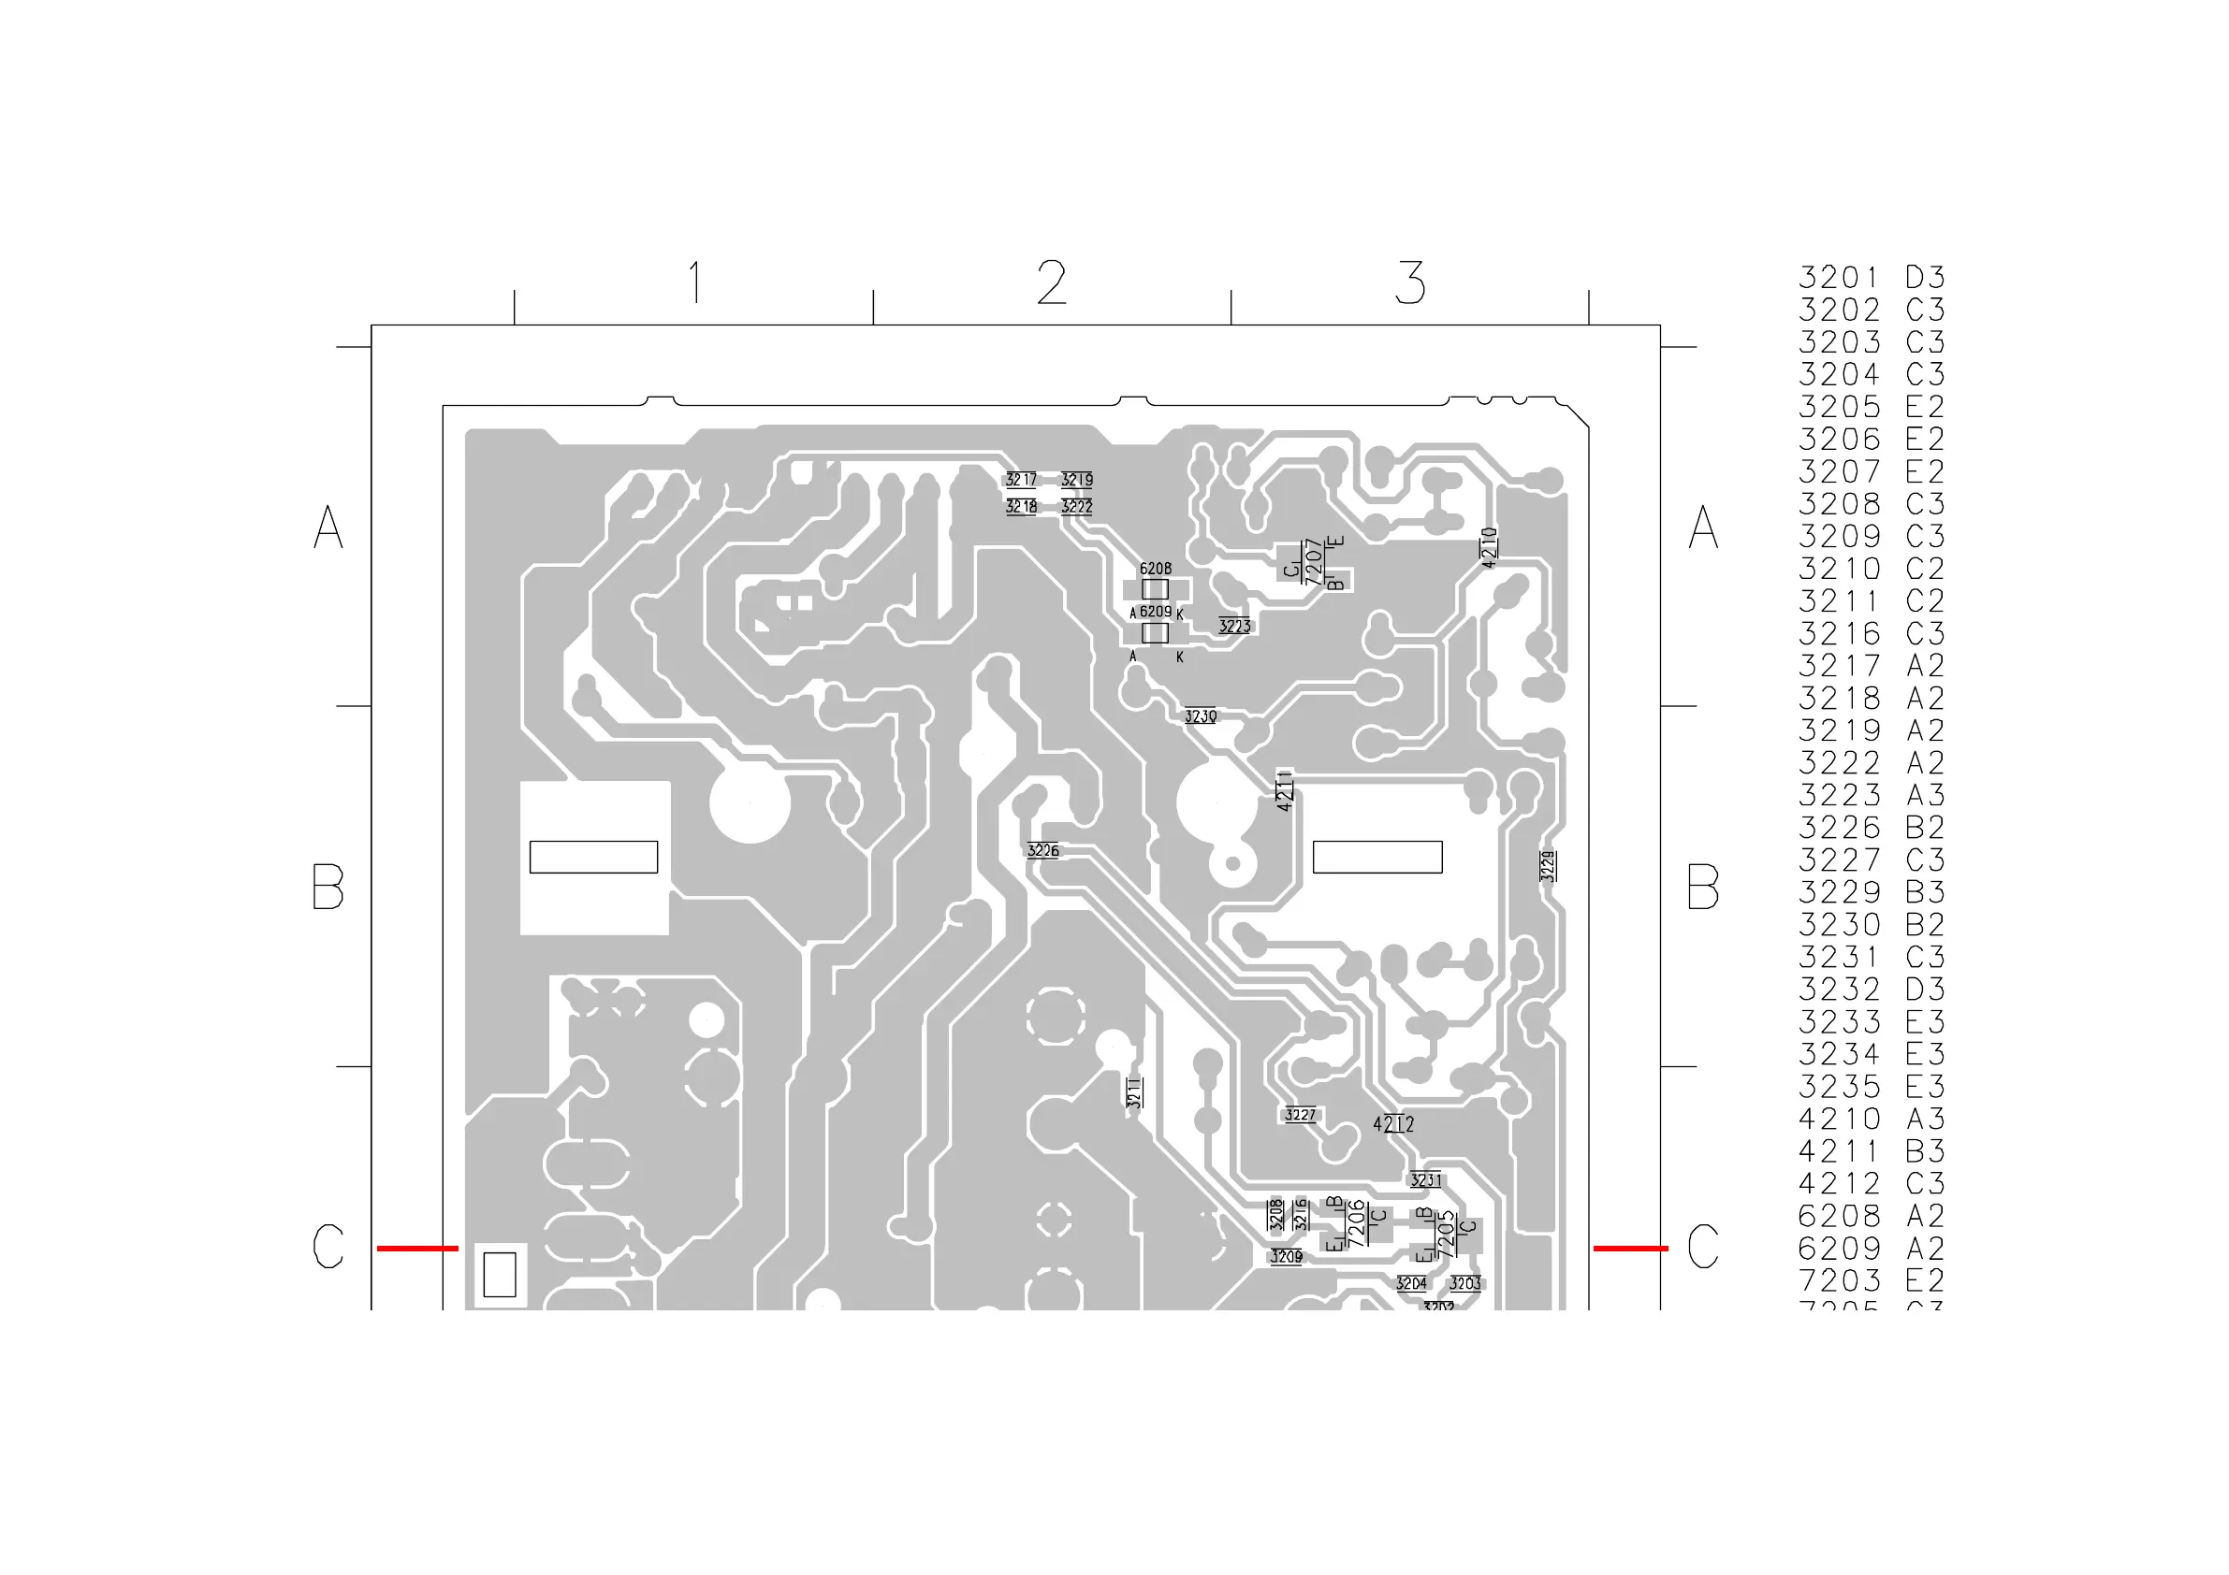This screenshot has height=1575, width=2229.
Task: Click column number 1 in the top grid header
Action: (x=694, y=282)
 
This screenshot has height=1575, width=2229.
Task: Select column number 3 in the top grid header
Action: (x=1409, y=282)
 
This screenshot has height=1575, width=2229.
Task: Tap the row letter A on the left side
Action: (x=328, y=527)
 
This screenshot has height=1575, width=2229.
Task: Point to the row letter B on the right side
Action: (x=1703, y=887)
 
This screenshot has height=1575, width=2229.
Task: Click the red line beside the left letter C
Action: (x=417, y=1248)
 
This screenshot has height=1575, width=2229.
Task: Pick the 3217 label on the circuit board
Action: (x=1020, y=480)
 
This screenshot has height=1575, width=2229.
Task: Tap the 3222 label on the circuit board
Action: (x=1077, y=507)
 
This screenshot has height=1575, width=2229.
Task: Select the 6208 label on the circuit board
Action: (x=1156, y=569)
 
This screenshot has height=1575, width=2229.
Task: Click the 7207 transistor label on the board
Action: (x=1314, y=563)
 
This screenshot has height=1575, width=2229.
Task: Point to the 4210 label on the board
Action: (x=1489, y=547)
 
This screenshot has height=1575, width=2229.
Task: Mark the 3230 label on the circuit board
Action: (x=1200, y=716)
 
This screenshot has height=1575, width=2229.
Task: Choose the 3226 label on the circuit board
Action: (x=1042, y=851)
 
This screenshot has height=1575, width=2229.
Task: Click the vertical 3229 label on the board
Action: (x=1548, y=866)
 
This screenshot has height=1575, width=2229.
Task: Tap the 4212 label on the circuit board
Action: (x=1393, y=1124)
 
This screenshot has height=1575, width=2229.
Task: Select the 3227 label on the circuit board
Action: (x=1300, y=1115)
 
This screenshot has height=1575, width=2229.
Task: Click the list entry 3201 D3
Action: (x=1871, y=278)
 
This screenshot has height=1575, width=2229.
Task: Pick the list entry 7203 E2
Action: (x=1871, y=1280)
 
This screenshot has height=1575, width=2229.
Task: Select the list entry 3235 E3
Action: (x=1871, y=1087)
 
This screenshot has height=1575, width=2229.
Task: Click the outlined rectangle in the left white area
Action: (x=593, y=857)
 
